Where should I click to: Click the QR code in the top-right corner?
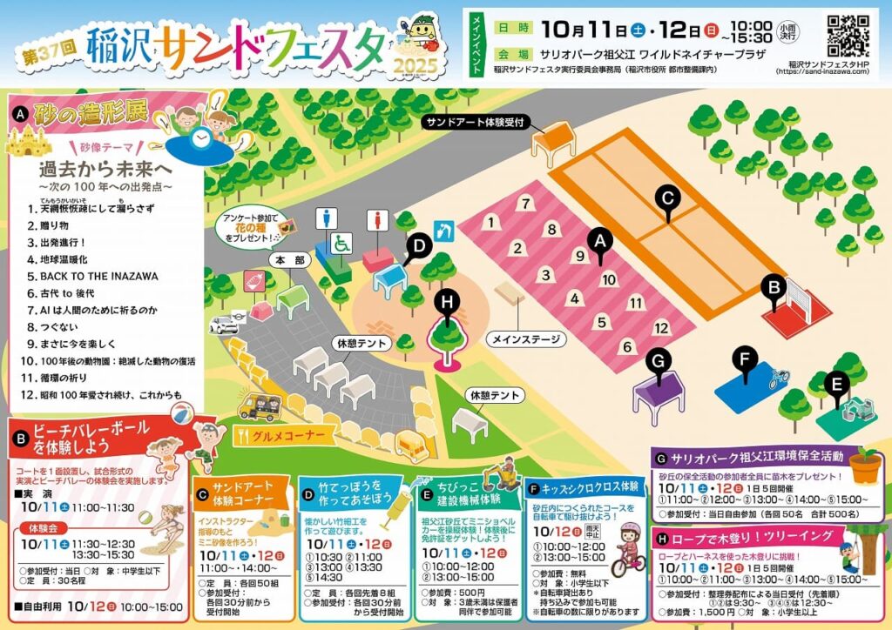[847, 34]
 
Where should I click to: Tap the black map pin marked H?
[447, 302]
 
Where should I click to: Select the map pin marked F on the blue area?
[745, 359]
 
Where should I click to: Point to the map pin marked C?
[667, 198]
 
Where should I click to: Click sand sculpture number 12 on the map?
[662, 328]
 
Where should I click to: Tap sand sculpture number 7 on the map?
[525, 204]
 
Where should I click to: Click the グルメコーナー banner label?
[286, 436]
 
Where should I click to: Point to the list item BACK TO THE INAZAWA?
[98, 276]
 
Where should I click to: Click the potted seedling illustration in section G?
[864, 465]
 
